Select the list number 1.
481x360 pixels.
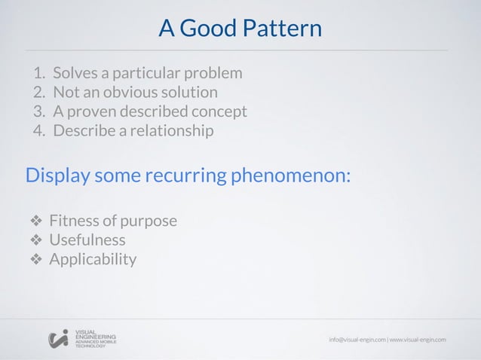pos(38,74)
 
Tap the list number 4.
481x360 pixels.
pos(38,131)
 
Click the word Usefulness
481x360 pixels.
pos(87,241)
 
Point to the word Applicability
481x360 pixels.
pos(93,260)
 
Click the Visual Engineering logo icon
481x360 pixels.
pos(58,339)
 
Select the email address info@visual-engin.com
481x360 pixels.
pos(357,340)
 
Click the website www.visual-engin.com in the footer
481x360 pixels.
pos(418,340)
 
